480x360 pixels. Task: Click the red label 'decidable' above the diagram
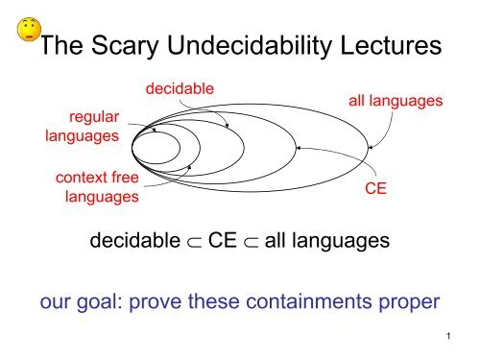(180, 89)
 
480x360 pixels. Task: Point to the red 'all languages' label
(399, 99)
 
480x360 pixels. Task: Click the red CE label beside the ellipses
(376, 190)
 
